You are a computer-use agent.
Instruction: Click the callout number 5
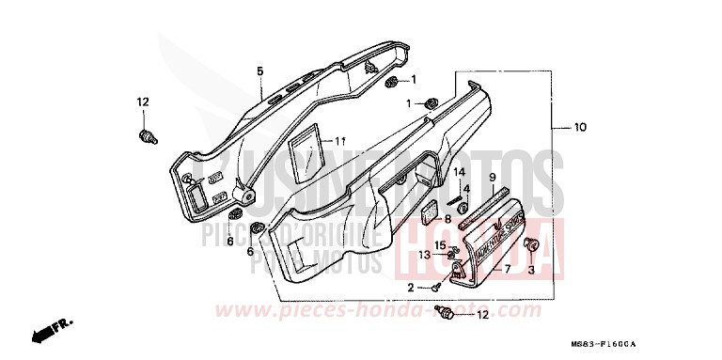point(260,70)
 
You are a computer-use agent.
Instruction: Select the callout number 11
point(341,141)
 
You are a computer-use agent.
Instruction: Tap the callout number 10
point(580,127)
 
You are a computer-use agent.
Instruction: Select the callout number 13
point(426,255)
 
